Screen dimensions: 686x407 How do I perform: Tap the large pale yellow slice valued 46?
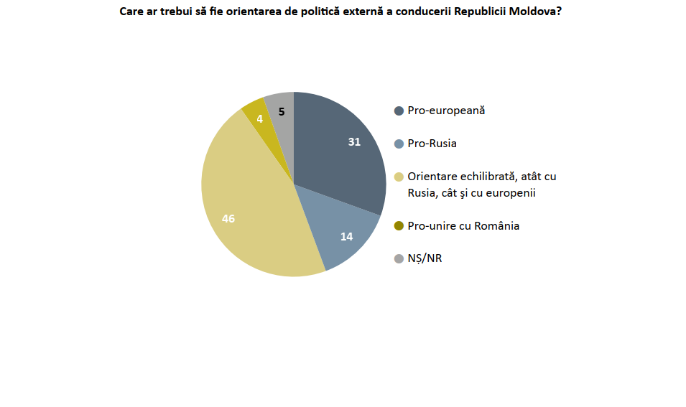pos(245,210)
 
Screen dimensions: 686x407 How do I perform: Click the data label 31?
pos(354,141)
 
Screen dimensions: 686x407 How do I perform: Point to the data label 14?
pos(346,236)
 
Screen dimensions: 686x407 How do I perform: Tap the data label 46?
pos(228,219)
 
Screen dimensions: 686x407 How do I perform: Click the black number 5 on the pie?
pos(282,112)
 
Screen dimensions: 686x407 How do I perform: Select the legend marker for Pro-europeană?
pos(399,111)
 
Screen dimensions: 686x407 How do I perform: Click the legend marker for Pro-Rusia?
pos(399,144)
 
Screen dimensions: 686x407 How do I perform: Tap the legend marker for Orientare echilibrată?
pos(399,177)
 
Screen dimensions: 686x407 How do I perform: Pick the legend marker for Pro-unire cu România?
pos(399,226)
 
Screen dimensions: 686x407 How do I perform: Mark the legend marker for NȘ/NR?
pos(399,259)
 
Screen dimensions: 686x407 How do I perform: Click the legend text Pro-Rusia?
pos(432,144)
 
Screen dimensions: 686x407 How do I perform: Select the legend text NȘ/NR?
pos(425,258)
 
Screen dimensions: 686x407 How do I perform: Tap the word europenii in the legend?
pos(513,193)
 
